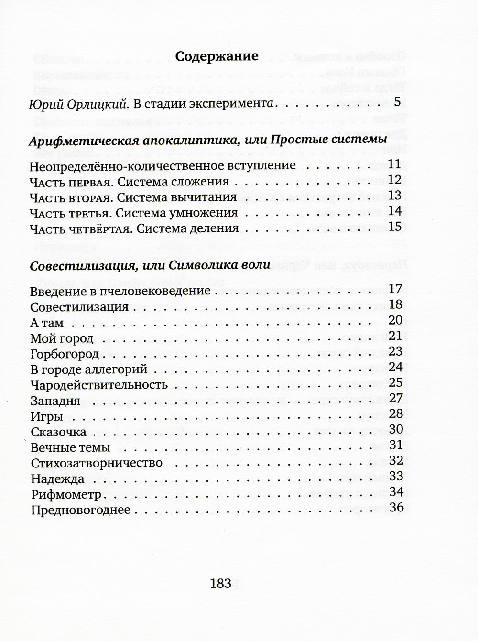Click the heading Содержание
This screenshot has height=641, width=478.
217,56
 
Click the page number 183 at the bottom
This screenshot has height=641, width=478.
220,583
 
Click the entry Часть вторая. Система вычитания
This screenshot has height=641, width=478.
133,197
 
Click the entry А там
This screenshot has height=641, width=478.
46,323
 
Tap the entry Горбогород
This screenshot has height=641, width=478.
64,354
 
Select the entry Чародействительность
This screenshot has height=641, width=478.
98,385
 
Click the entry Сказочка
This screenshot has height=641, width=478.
58,432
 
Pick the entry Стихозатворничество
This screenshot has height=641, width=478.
96,463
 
